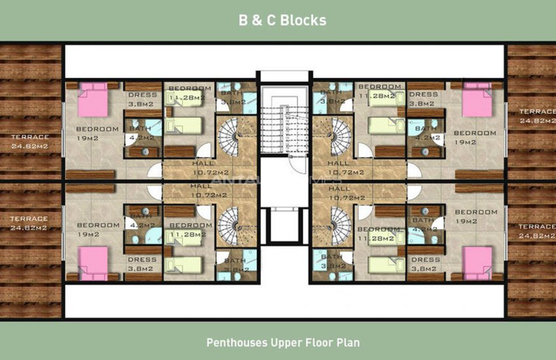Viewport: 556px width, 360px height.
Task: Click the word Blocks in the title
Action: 304,20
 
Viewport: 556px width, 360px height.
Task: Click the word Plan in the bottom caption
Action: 348,342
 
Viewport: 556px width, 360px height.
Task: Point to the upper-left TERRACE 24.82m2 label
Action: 29,141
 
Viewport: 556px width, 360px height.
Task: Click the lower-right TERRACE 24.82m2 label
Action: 536,230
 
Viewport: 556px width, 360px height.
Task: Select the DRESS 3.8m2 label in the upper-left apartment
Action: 142,99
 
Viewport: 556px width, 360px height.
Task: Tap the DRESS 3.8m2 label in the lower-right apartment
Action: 423,264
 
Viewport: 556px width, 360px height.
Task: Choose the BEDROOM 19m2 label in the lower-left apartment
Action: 97,228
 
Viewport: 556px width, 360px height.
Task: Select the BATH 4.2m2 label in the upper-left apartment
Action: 141,134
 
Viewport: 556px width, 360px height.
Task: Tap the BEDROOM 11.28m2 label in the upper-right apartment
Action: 379,91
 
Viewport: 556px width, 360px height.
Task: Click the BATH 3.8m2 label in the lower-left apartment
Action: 234,264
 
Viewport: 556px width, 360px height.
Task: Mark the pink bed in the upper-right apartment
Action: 477,103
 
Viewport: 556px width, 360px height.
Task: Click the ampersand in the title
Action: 267,20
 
